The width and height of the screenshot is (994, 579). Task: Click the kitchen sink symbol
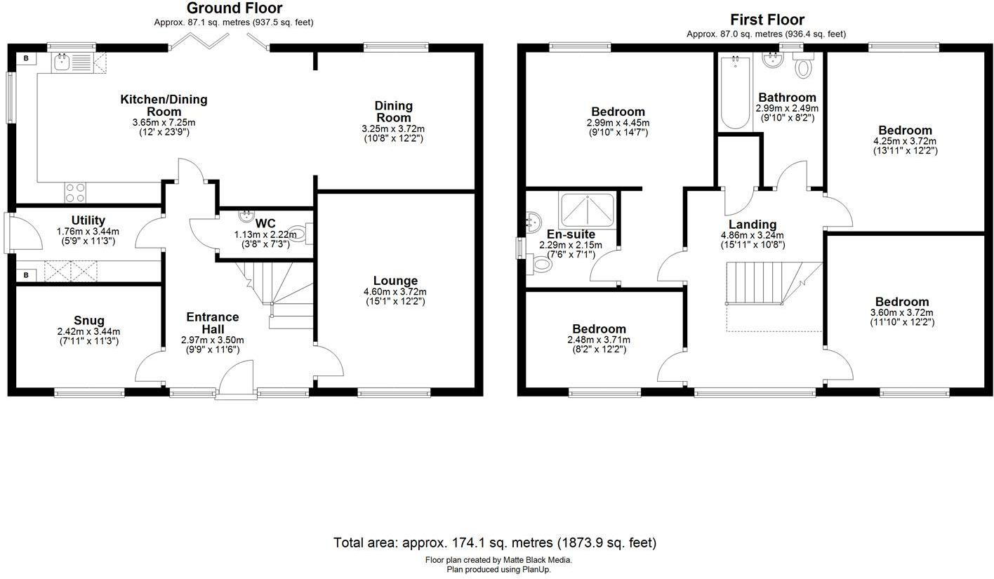pyautogui.click(x=62, y=62)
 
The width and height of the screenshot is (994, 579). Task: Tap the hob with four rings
pyautogui.click(x=76, y=192)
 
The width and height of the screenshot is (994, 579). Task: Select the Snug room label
pyautogui.click(x=88, y=321)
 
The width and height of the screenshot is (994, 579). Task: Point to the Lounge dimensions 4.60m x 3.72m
pyautogui.click(x=395, y=292)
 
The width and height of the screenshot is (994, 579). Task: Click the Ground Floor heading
pyautogui.click(x=234, y=8)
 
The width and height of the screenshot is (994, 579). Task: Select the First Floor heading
pyautogui.click(x=767, y=20)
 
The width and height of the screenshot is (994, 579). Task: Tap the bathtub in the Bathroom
pyautogui.click(x=735, y=92)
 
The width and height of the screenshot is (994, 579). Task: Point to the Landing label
pyautogui.click(x=752, y=225)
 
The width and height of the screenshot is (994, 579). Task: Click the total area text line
pyautogui.click(x=495, y=543)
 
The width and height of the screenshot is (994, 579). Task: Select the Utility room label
pyautogui.click(x=88, y=220)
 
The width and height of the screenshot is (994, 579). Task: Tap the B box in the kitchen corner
pyautogui.click(x=26, y=58)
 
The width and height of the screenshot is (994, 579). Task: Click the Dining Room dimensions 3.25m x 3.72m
pyautogui.click(x=393, y=129)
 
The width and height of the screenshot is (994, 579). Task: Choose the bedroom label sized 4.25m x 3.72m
pyautogui.click(x=905, y=131)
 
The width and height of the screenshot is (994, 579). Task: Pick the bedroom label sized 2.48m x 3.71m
pyautogui.click(x=598, y=329)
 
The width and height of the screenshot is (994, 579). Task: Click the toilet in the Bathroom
pyautogui.click(x=802, y=67)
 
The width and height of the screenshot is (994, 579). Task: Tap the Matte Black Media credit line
pyautogui.click(x=498, y=560)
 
